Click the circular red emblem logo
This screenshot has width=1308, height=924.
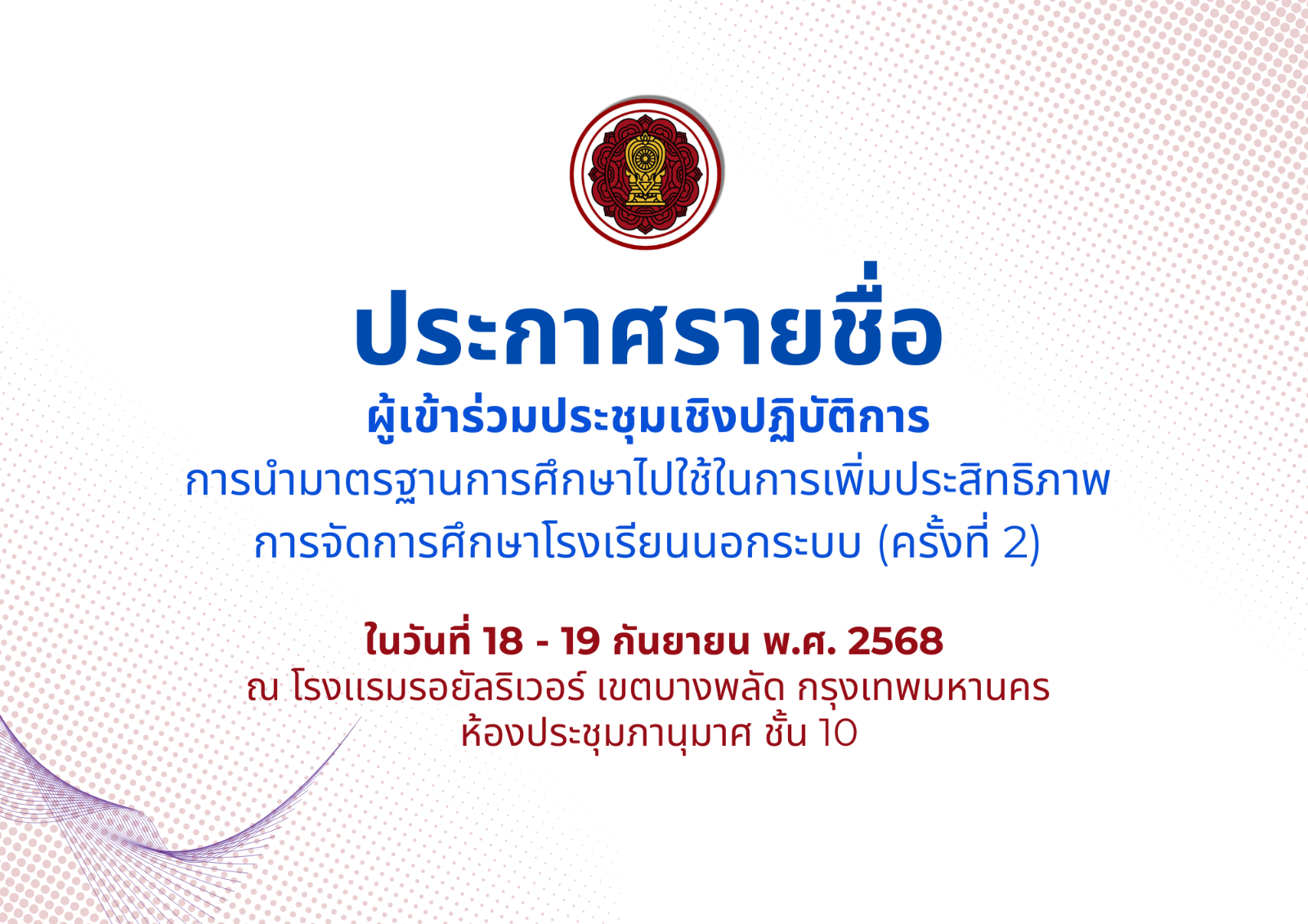click(646, 174)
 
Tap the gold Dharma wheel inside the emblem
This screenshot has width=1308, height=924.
click(645, 158)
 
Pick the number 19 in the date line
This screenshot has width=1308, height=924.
click(580, 641)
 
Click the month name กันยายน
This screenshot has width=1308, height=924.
click(681, 641)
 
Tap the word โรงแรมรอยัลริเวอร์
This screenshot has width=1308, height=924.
click(437, 688)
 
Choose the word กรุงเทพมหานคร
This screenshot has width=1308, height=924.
click(924, 690)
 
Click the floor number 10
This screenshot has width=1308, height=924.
click(838, 733)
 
